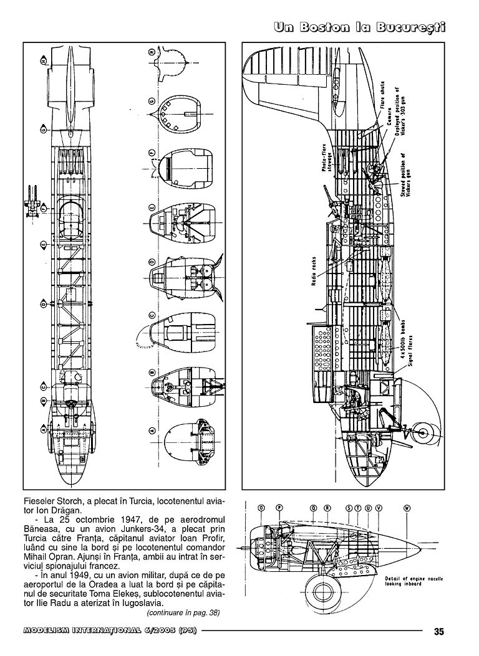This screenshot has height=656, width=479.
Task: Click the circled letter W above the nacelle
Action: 407,507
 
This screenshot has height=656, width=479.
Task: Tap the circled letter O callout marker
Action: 259,507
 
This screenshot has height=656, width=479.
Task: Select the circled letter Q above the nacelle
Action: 312,507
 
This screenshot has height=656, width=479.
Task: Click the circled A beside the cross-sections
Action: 152,429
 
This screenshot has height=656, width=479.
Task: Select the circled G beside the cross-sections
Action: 152,102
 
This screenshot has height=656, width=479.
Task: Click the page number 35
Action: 438,631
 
